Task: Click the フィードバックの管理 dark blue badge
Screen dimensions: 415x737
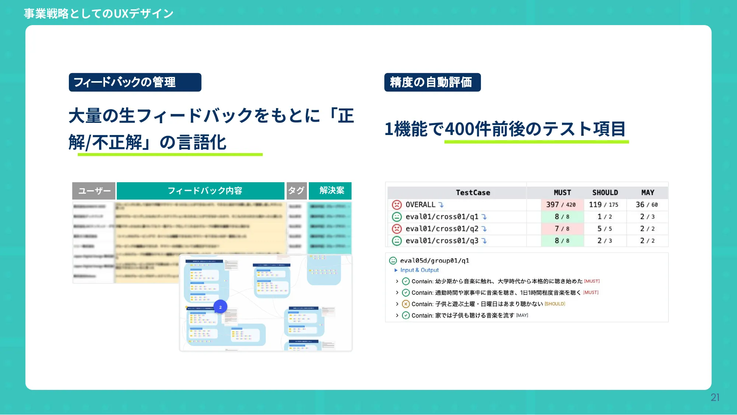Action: tap(135, 82)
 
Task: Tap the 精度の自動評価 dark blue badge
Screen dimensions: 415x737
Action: tap(432, 82)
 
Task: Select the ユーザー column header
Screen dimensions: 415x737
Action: tap(94, 191)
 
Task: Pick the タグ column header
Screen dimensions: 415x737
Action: tap(296, 191)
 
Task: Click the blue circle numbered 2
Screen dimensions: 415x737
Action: tap(220, 307)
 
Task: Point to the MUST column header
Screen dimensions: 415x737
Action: tap(562, 193)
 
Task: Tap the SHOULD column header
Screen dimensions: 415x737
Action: tap(605, 193)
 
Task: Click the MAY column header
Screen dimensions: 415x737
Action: tap(647, 193)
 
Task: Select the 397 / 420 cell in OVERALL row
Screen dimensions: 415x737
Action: tap(561, 205)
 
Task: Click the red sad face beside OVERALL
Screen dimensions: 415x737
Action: tap(397, 205)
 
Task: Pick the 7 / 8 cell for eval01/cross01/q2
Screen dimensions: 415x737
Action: tap(562, 229)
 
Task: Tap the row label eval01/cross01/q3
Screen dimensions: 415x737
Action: tap(442, 241)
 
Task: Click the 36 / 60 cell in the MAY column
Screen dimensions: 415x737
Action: tap(647, 205)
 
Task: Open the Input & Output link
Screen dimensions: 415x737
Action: tap(419, 270)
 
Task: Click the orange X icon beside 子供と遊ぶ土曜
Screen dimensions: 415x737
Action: tap(406, 304)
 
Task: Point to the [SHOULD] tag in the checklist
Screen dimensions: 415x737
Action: tap(555, 304)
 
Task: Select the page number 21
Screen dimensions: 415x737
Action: tap(715, 397)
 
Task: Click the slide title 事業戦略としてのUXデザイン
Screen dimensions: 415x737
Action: tap(99, 14)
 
